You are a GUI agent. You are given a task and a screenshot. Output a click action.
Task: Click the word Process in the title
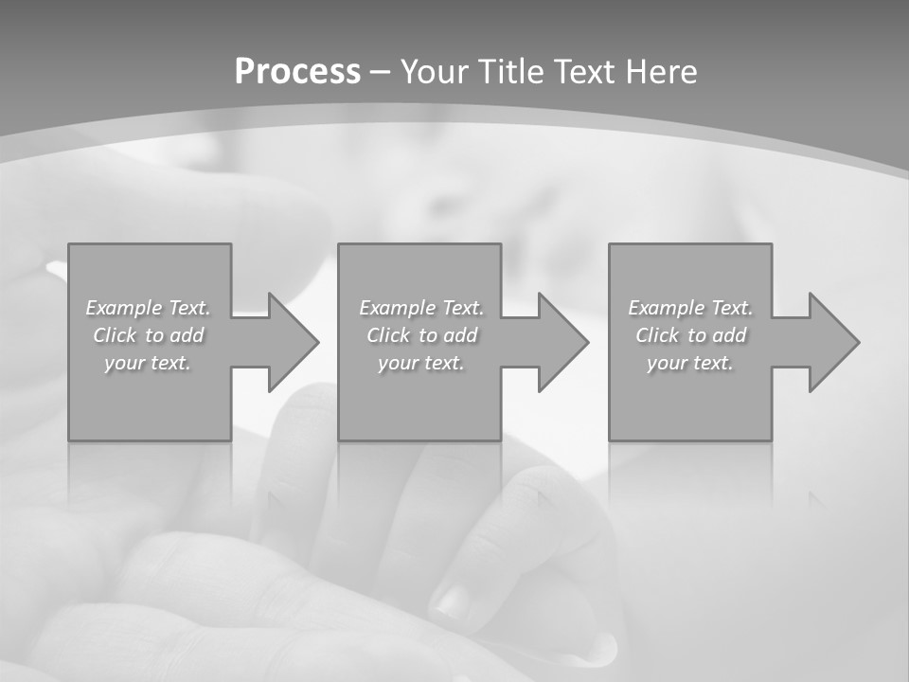click(x=297, y=72)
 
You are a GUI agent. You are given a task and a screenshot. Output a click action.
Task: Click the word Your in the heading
click(x=435, y=72)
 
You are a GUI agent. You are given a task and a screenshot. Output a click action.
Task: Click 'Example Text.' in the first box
click(x=148, y=308)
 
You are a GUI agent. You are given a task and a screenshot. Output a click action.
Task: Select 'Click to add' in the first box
click(x=148, y=335)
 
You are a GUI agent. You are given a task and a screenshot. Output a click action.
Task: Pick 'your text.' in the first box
click(x=148, y=363)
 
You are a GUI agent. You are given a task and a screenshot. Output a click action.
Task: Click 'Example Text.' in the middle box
click(x=421, y=308)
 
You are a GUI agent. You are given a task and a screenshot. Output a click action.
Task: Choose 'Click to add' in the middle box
click(x=421, y=335)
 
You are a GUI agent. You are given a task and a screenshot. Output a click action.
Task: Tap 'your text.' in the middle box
click(x=421, y=363)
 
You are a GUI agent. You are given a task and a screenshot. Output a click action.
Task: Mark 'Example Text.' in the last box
click(x=690, y=308)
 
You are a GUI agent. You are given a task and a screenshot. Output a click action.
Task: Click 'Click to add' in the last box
click(x=690, y=335)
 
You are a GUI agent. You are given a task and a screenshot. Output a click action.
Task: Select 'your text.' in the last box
click(x=690, y=363)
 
